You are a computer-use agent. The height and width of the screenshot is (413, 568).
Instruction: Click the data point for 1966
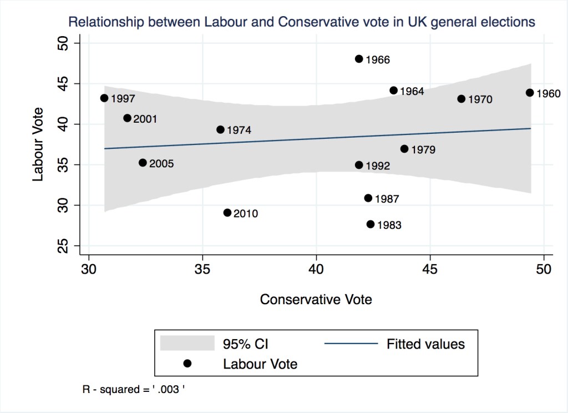[x=359, y=59]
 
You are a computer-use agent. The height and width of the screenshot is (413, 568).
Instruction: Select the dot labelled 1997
[x=104, y=98]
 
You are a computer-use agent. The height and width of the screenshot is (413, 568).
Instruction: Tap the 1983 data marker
[x=371, y=224]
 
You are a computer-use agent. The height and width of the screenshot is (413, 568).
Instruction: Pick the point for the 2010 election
[x=227, y=213]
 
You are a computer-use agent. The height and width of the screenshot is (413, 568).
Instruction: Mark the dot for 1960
[x=530, y=93]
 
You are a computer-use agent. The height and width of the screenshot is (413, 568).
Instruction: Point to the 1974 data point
[x=220, y=130]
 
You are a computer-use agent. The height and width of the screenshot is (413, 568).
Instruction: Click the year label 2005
[x=161, y=164]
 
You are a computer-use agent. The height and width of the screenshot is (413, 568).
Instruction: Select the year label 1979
[x=423, y=150]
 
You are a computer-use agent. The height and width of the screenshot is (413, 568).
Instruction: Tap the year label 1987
[x=387, y=199]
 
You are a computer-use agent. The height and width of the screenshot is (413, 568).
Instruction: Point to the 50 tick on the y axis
[x=62, y=43]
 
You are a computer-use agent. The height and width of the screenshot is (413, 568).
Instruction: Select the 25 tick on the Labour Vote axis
[x=62, y=246]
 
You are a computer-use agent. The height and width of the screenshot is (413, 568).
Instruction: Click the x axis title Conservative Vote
[x=316, y=299]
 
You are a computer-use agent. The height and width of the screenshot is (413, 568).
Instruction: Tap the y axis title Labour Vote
[x=38, y=144]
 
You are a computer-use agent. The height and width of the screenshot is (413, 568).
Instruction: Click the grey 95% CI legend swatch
[x=187, y=343]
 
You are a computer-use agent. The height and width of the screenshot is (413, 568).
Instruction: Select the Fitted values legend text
[x=425, y=344]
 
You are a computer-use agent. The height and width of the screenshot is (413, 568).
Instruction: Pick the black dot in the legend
[x=187, y=364]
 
